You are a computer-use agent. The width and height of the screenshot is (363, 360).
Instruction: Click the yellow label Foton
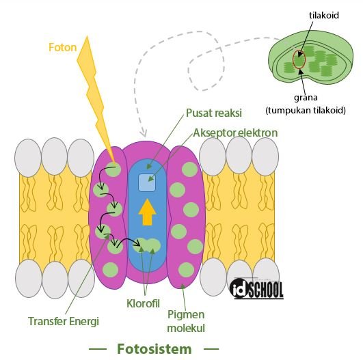tap(62, 47)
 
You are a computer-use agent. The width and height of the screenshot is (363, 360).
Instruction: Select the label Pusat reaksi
tap(214, 113)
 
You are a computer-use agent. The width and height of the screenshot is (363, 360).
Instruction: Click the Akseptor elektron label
tap(235, 133)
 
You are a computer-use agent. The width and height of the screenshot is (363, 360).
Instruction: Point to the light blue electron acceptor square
tap(147, 183)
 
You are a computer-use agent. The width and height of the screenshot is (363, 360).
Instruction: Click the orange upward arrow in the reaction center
tap(147, 212)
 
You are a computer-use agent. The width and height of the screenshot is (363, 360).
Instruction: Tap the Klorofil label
tap(143, 303)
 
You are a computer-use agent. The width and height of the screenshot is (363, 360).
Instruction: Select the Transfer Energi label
tap(64, 321)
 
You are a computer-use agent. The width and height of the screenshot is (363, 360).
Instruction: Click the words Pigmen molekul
tap(186, 321)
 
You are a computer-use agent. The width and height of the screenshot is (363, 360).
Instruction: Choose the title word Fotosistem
tap(154, 349)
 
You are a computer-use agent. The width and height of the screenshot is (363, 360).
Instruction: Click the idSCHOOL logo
tap(257, 288)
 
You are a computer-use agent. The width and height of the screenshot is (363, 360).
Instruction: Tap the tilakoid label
tap(324, 15)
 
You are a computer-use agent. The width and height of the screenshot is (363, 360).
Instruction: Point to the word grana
tap(306, 98)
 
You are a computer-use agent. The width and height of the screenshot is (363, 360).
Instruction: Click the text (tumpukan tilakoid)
tap(306, 111)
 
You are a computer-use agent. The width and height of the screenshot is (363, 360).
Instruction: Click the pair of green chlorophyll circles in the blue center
tap(147, 245)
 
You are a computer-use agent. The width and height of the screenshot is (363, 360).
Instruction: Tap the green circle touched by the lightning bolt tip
tap(113, 169)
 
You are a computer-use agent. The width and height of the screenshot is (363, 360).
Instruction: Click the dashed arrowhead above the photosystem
tap(144, 133)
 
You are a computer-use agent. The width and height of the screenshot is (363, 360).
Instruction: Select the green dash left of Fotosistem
tap(98, 349)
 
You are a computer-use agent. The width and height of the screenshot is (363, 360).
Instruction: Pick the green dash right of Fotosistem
tap(211, 349)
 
